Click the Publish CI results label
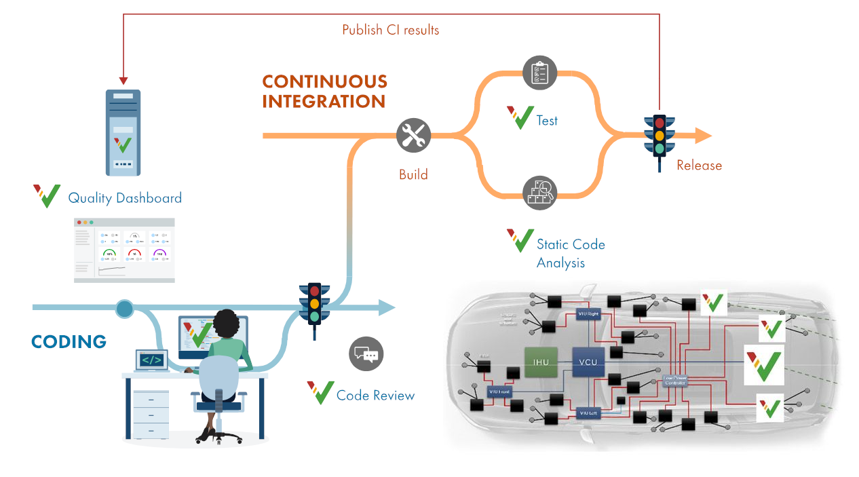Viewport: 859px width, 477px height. point(390,30)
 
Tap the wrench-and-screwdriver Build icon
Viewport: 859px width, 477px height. point(413,135)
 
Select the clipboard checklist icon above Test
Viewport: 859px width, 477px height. point(540,72)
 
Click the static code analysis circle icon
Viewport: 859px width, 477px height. point(540,193)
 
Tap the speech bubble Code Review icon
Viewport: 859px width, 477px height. point(366,354)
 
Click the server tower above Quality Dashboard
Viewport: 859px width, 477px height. point(123,133)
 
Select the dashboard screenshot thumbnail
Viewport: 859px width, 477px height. point(124,250)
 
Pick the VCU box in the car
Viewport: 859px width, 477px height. point(588,362)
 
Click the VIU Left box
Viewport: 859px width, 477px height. point(587,413)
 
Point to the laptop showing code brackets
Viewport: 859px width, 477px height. point(151,360)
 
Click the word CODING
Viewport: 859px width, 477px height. point(69,341)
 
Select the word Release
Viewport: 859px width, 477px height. point(699,166)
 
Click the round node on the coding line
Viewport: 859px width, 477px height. point(124,309)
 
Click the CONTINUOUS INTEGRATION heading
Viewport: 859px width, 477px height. point(324,92)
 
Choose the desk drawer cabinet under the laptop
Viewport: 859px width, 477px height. point(151,414)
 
